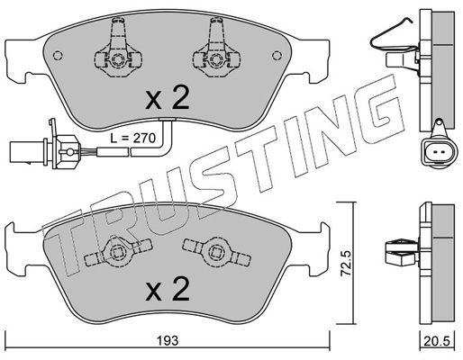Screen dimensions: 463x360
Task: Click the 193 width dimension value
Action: tap(168, 341)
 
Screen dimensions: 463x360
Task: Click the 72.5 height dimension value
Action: tap(347, 264)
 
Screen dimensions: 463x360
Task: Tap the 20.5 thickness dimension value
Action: tap(437, 341)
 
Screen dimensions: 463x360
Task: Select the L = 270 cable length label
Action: tap(132, 139)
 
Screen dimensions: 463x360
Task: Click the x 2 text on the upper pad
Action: tap(168, 97)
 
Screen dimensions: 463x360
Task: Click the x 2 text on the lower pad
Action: tap(168, 289)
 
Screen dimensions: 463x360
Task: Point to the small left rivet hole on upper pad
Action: tap(58, 56)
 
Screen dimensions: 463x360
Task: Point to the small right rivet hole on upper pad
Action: tap(277, 56)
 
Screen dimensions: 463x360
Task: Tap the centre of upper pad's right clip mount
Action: tap(216, 59)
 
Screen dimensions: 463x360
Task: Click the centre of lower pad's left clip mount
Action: tap(117, 252)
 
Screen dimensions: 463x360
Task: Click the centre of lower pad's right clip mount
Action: tap(216, 252)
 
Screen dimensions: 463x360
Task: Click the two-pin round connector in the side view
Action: tap(439, 152)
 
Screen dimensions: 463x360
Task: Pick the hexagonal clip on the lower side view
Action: tap(401, 252)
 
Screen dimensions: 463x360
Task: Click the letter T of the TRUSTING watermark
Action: tap(65, 245)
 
